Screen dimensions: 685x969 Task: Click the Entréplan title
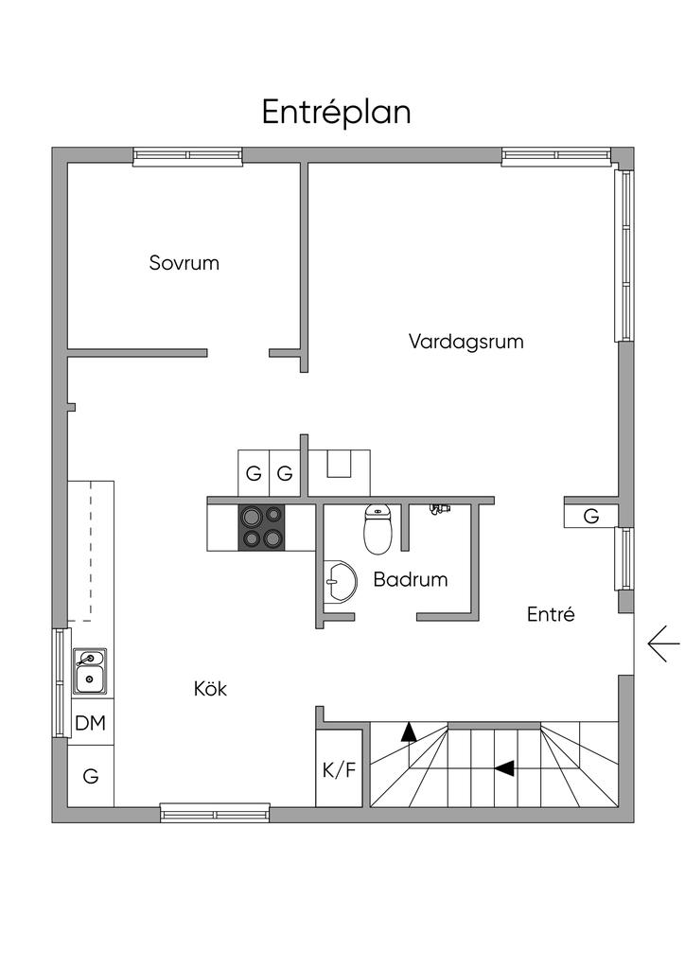[x=336, y=112]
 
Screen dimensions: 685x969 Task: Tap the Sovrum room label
[x=184, y=262]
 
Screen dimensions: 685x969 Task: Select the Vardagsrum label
[x=465, y=341]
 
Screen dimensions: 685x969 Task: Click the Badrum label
[x=410, y=579]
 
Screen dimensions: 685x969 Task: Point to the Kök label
[x=210, y=689]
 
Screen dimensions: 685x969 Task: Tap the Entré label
[x=551, y=614]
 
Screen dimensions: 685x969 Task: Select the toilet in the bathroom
[x=378, y=530]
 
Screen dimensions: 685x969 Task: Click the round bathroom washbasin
[x=339, y=582]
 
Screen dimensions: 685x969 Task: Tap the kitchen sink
[x=91, y=671]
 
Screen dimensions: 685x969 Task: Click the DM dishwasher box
[x=90, y=724]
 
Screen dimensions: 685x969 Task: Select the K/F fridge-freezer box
[x=340, y=768]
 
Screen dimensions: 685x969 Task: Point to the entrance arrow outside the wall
[x=663, y=644]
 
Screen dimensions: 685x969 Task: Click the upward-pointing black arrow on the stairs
[x=409, y=731]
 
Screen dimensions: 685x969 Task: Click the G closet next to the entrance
[x=591, y=517]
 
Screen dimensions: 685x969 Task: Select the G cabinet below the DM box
[x=90, y=776]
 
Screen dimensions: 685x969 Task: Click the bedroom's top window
[x=187, y=155]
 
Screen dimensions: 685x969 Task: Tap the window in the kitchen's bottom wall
[x=215, y=811]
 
